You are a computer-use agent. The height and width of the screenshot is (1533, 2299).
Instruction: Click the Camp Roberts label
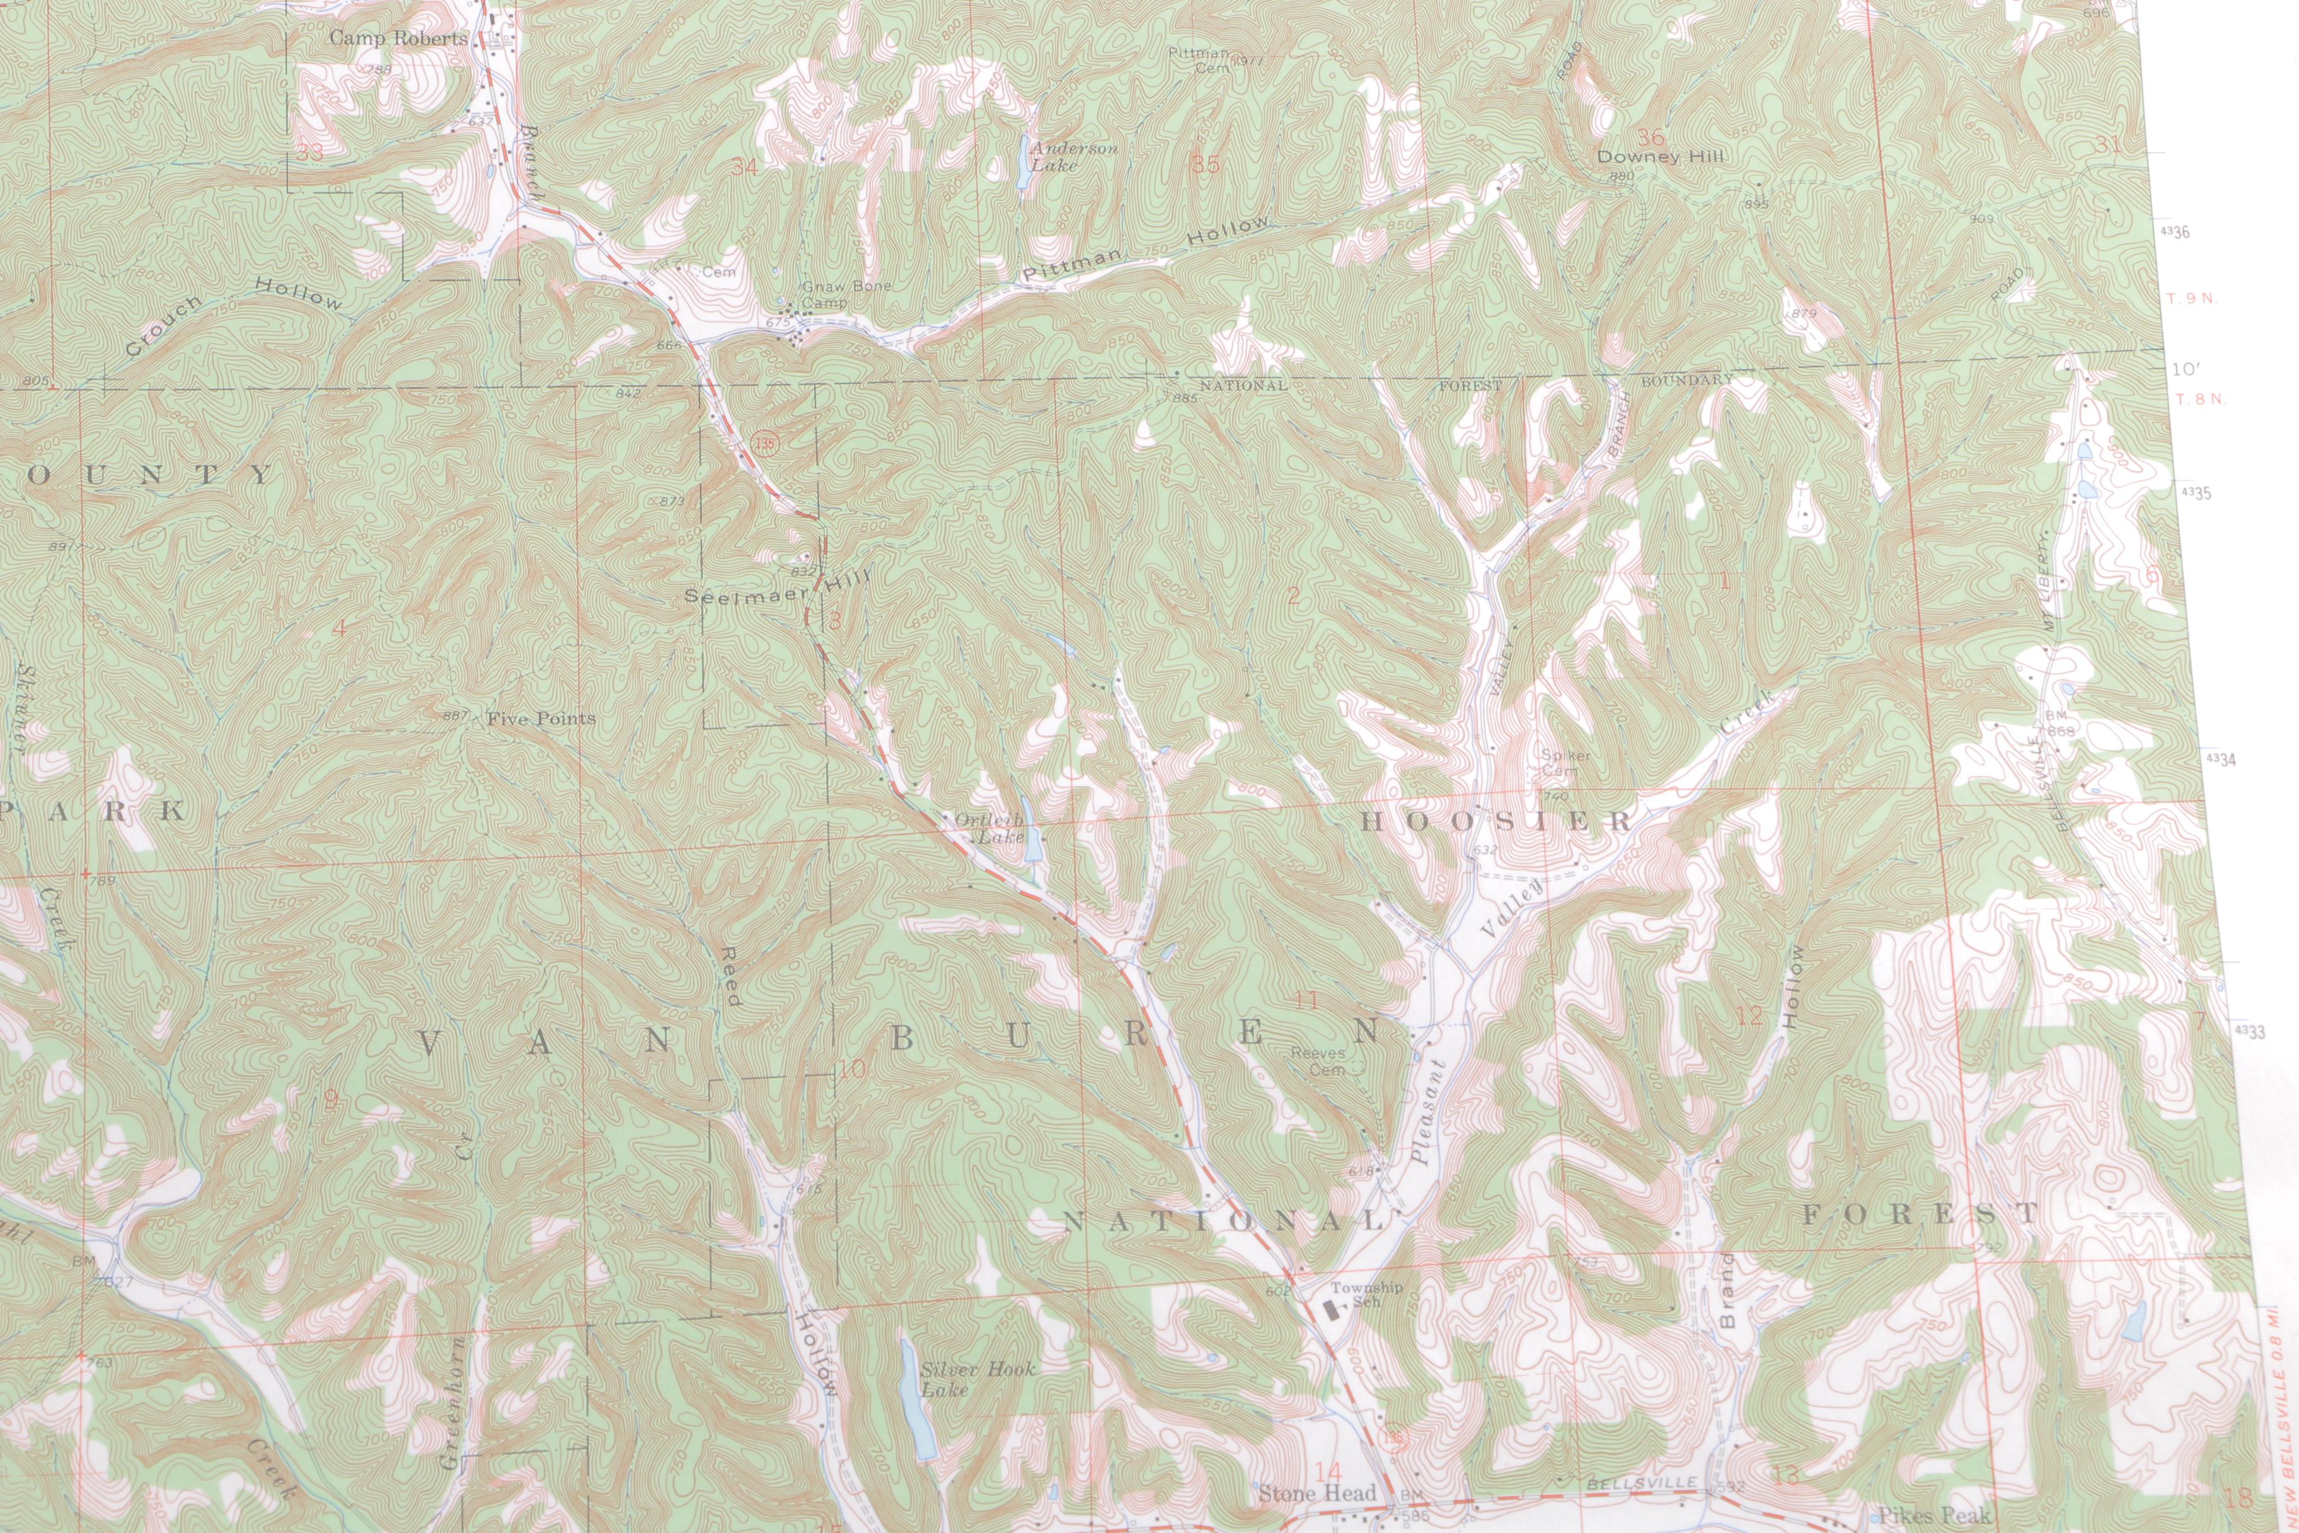[x=398, y=38]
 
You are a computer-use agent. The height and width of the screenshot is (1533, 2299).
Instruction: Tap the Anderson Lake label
[x=1072, y=156]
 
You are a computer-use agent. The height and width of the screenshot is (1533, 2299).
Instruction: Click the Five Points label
[x=541, y=719]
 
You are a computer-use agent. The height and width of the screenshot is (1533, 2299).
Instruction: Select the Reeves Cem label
[x=1318, y=1061]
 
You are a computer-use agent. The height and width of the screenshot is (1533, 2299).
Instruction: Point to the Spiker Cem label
[x=1565, y=761]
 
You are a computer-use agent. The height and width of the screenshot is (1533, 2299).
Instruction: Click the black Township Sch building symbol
[x=1334, y=1306]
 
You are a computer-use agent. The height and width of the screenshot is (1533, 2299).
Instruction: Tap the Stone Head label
[x=1316, y=1493]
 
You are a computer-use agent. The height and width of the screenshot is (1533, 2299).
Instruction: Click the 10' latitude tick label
[x=2186, y=369]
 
